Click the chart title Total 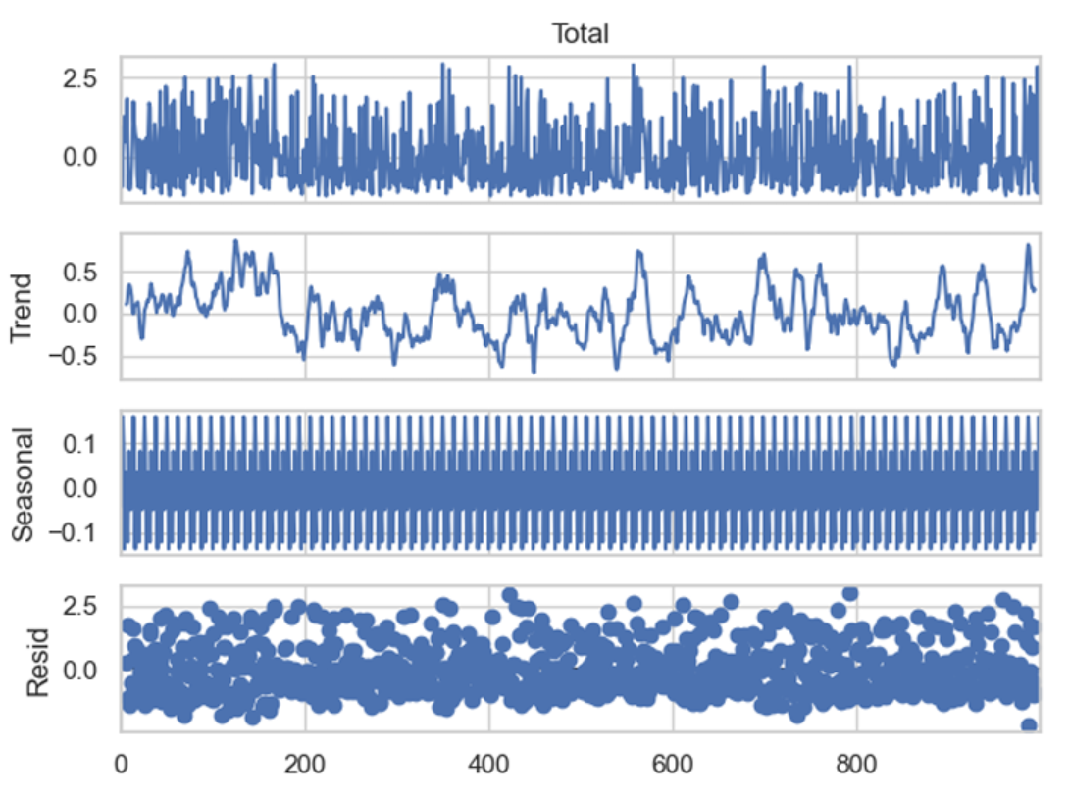[581, 34]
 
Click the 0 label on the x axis [122, 763]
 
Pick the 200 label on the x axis [305, 763]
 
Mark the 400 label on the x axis [489, 763]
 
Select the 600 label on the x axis [673, 763]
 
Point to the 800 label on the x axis [857, 763]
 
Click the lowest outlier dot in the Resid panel [1028, 725]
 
